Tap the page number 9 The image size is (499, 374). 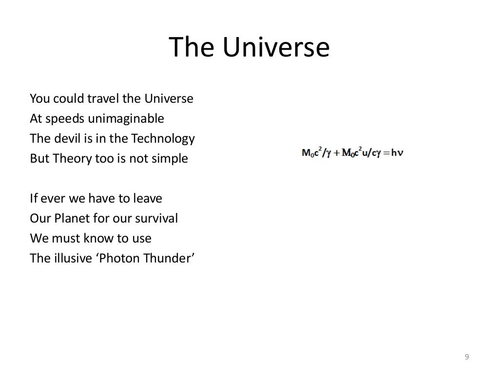[467, 357]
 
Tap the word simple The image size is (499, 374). [170, 159]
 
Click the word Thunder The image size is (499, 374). [170, 258]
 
